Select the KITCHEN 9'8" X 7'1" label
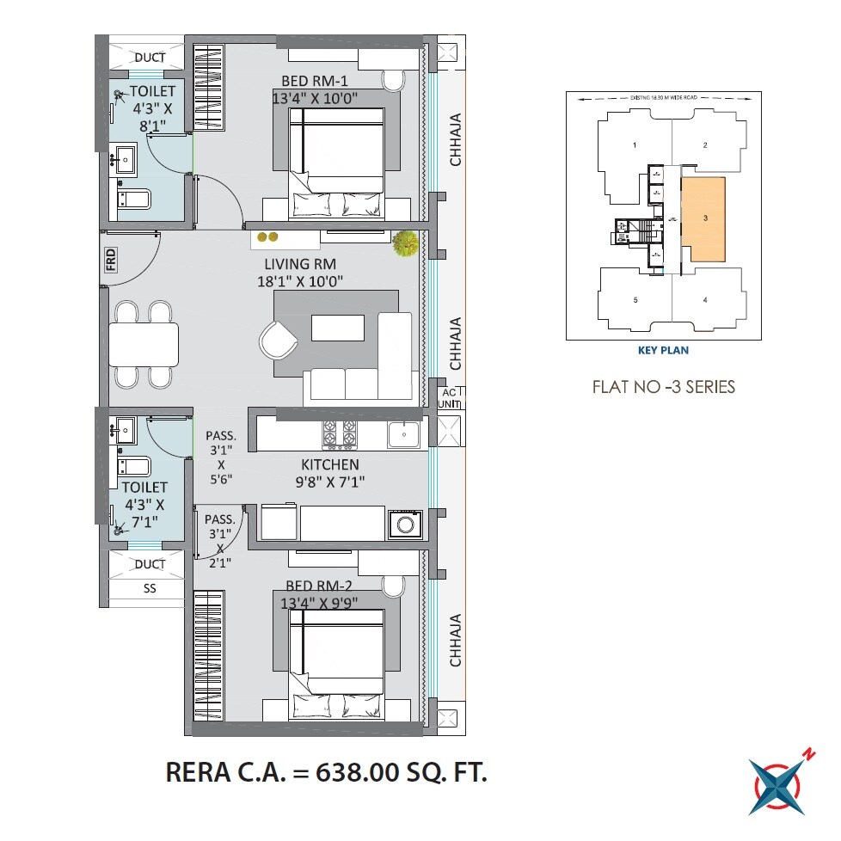coord(329,473)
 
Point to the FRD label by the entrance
coord(111,259)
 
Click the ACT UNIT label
coord(450,398)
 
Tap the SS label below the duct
coord(150,591)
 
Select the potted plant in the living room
coord(405,244)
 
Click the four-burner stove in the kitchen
coord(340,435)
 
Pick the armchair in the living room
coord(279,340)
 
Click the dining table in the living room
coord(144,344)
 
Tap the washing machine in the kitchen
coord(403,524)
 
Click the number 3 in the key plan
coord(705,218)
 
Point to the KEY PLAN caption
coord(662,350)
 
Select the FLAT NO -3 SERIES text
coord(663,387)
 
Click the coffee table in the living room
coord(338,328)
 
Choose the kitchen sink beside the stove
coord(403,435)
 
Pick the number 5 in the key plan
coord(635,300)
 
